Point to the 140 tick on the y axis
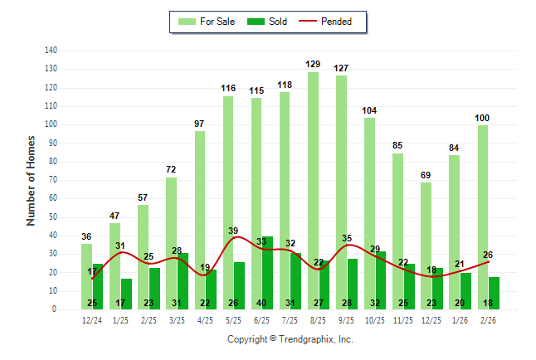pyautogui.click(x=51, y=51)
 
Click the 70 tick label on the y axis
pyautogui.click(x=52, y=180)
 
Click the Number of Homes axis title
pyautogui.click(x=32, y=180)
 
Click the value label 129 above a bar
pyautogui.click(x=313, y=64)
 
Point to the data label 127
pyautogui.click(x=341, y=68)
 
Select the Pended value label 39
pyautogui.click(x=233, y=231)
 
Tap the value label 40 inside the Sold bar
pyautogui.click(x=267, y=303)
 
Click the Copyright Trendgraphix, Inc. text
pyautogui.click(x=290, y=339)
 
